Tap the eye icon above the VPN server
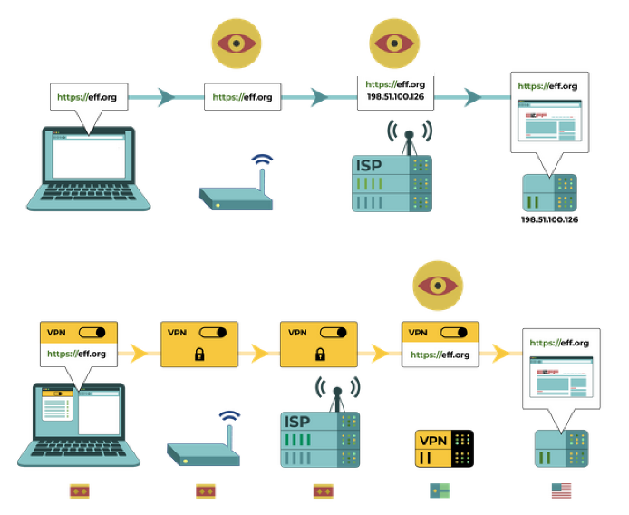pos(439,285)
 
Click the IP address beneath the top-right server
pos(549,219)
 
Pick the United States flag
pos(562,491)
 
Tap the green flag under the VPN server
pos(440,491)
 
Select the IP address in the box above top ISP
pos(395,97)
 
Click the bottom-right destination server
pos(561,449)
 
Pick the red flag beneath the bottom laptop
pos(80,491)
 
